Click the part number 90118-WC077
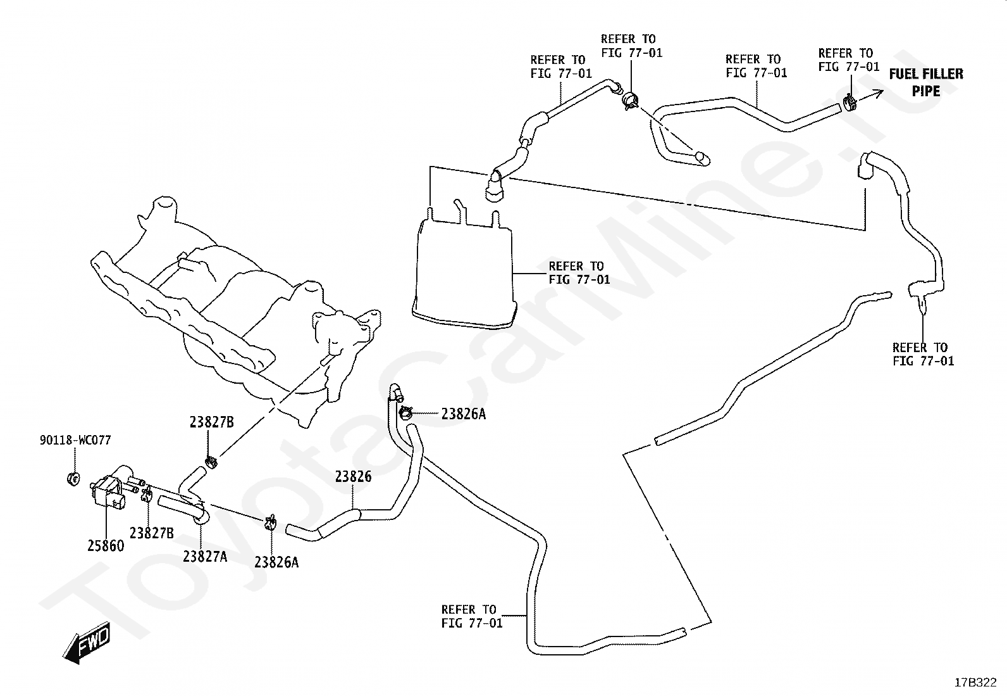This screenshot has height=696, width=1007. click(75, 440)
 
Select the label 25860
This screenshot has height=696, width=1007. click(106, 546)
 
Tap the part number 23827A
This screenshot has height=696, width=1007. click(205, 557)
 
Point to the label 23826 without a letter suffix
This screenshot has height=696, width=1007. click(354, 476)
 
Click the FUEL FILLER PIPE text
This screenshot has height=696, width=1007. click(926, 82)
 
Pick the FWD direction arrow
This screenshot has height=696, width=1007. click(86, 642)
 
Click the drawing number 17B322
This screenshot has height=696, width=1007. click(975, 683)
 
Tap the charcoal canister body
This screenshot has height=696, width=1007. click(463, 270)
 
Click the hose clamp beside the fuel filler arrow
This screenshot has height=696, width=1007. click(849, 103)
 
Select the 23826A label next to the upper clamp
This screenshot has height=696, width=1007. click(464, 414)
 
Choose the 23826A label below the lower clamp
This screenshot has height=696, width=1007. click(276, 562)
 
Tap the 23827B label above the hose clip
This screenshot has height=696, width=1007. click(212, 422)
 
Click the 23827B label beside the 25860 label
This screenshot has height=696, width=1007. click(152, 533)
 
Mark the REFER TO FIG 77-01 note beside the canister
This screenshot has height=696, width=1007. click(579, 273)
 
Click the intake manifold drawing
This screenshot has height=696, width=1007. click(236, 310)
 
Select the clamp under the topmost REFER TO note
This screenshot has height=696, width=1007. click(631, 99)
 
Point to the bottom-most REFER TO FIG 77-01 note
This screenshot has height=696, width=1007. click(472, 616)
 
